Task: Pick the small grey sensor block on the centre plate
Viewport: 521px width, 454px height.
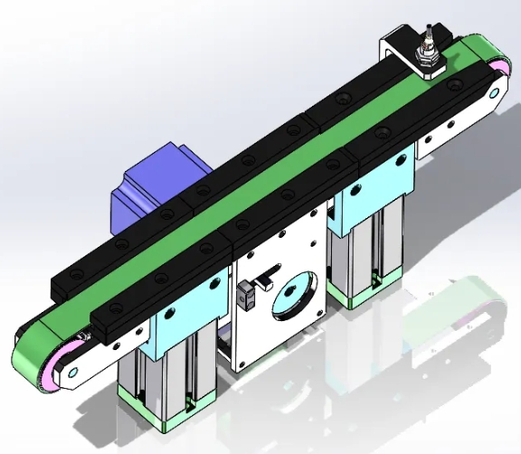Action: [x=244, y=296]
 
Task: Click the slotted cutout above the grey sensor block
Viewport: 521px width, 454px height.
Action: [x=270, y=274]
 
